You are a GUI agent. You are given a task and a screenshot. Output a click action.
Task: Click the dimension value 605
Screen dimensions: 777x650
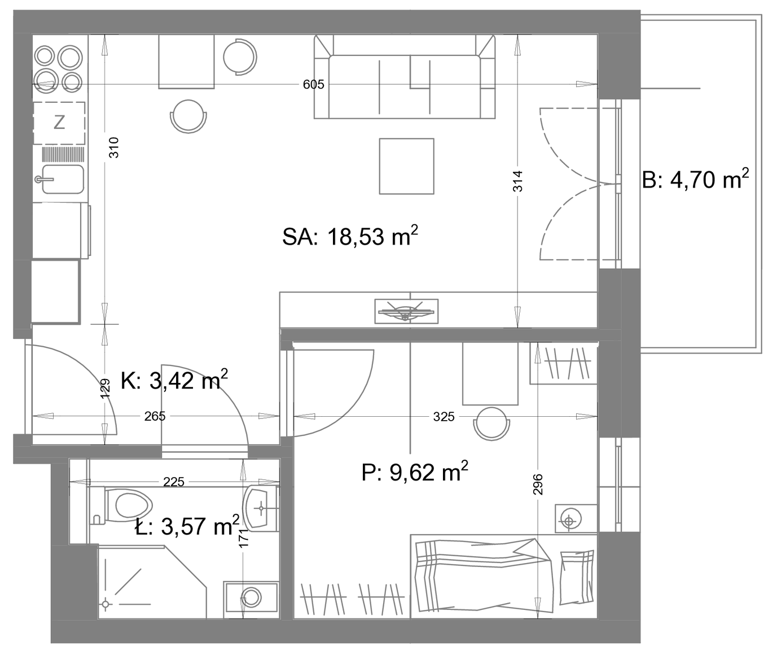313,85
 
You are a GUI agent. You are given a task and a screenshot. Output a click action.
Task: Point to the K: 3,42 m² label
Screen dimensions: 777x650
174,380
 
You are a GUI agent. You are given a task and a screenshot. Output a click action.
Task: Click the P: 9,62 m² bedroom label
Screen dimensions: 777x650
415,472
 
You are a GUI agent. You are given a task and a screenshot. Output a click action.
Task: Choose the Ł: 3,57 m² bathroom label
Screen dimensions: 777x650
187,525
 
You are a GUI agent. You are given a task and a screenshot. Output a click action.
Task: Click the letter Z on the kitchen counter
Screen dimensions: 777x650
60,122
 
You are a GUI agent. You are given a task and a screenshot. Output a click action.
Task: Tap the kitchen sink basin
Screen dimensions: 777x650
63,179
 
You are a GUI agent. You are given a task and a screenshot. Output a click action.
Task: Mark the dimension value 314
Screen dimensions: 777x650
517,181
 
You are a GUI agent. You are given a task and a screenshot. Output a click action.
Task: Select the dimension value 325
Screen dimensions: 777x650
444,416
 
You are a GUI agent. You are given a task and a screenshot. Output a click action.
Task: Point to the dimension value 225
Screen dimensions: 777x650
174,482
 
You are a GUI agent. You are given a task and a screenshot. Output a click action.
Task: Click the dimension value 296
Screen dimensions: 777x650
538,484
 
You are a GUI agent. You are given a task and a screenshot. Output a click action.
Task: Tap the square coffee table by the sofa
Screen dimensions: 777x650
406,166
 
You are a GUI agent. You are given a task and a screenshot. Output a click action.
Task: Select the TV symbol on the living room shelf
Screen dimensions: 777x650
406,311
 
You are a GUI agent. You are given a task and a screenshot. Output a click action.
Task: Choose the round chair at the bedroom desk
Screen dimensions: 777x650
491,424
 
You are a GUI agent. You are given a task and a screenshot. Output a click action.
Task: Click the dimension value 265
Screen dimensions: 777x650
155,416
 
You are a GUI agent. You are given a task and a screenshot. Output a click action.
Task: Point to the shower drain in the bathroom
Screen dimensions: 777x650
106,604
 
